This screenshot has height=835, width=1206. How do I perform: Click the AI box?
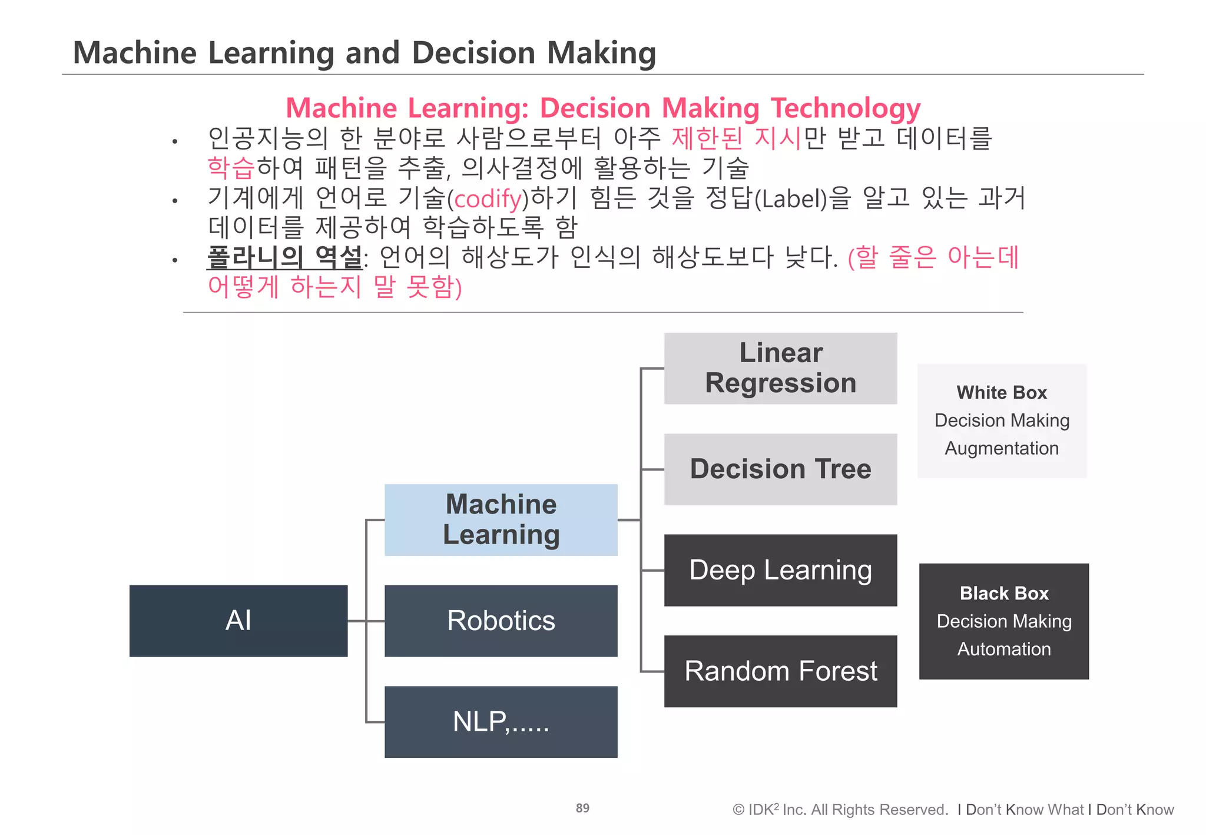coord(238,621)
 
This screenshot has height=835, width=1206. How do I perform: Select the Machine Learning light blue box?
coord(501,519)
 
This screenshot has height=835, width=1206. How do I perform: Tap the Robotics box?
coord(501,621)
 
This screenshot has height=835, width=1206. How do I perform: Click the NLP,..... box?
coord(501,721)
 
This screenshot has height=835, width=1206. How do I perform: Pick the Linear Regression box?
coord(780,368)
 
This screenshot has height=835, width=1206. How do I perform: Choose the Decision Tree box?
coord(780,469)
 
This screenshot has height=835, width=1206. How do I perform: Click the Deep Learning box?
coord(780,570)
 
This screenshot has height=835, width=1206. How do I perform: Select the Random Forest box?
coord(780,671)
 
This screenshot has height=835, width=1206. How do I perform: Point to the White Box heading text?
coord(1002,392)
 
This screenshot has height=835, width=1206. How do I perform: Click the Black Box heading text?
coord(1004,593)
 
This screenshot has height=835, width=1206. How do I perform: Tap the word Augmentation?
coord(1002,448)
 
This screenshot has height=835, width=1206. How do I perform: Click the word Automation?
coord(1004,649)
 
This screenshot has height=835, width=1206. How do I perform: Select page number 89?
coord(582,808)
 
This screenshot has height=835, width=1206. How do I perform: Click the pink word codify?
coord(488,199)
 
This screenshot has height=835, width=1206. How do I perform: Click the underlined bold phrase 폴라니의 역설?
coord(285,257)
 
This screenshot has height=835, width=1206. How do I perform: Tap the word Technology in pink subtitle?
coord(846,108)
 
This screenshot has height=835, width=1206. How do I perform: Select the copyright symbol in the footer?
coord(738,810)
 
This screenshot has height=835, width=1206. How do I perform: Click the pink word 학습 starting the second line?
coord(231,168)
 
